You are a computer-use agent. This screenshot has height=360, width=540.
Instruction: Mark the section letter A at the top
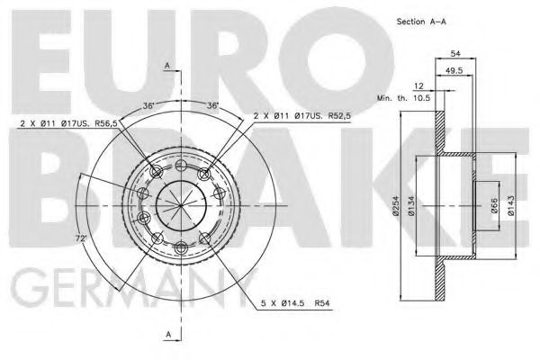click(168, 65)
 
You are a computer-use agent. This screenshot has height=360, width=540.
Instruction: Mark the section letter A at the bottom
click(168, 335)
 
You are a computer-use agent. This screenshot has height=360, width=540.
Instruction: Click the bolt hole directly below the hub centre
click(181, 247)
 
